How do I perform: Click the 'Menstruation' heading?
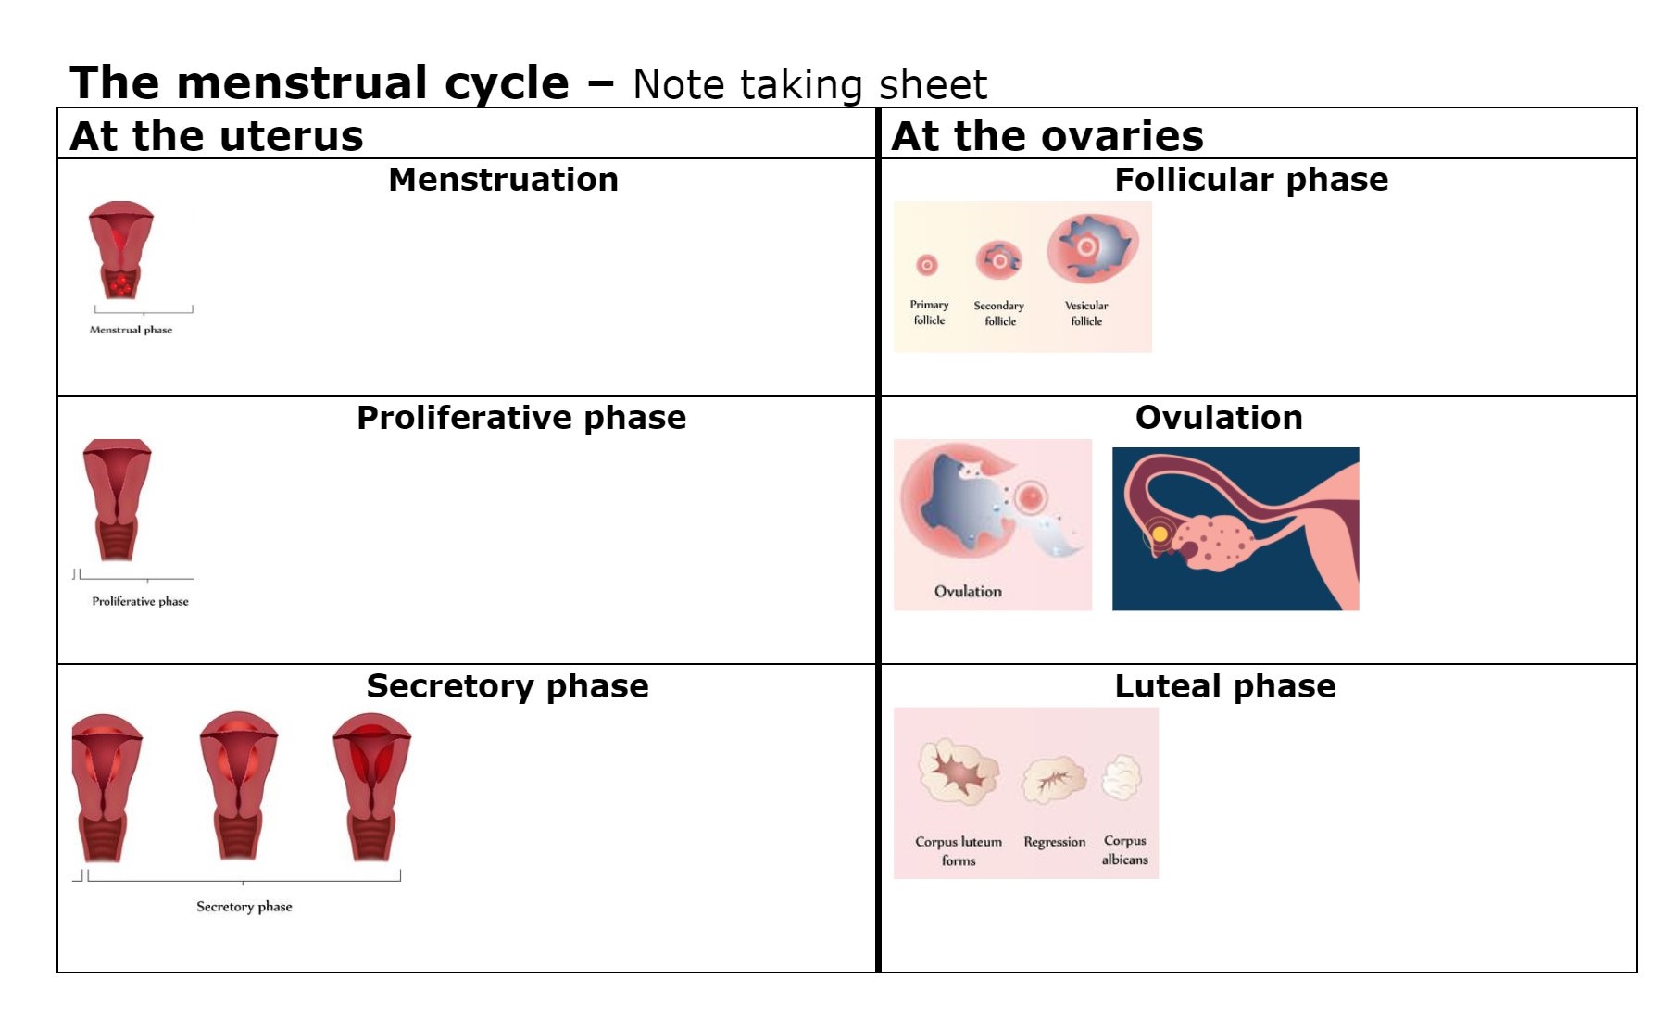pyautogui.click(x=503, y=180)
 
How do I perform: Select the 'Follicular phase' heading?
pyautogui.click(x=1250, y=180)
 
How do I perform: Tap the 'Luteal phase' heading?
pyautogui.click(x=1224, y=686)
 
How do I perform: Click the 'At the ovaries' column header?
pyautogui.click(x=1047, y=136)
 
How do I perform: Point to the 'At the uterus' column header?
pyautogui.click(x=217, y=136)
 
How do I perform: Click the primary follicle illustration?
pyautogui.click(x=927, y=266)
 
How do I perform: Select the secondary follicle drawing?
pyautogui.click(x=998, y=260)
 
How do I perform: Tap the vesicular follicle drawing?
pyautogui.click(x=1091, y=247)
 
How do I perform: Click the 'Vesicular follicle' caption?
pyautogui.click(x=1086, y=313)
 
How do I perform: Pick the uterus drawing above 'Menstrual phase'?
pyautogui.click(x=121, y=249)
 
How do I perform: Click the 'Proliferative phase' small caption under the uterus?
pyautogui.click(x=140, y=601)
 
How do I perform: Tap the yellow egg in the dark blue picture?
pyautogui.click(x=1159, y=534)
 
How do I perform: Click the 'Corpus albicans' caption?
pyautogui.click(x=1124, y=850)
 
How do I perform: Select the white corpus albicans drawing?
pyautogui.click(x=1122, y=777)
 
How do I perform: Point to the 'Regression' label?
pyautogui.click(x=1054, y=842)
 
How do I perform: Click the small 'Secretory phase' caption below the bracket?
pyautogui.click(x=244, y=907)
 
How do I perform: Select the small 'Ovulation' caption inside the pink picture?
pyautogui.click(x=968, y=592)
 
